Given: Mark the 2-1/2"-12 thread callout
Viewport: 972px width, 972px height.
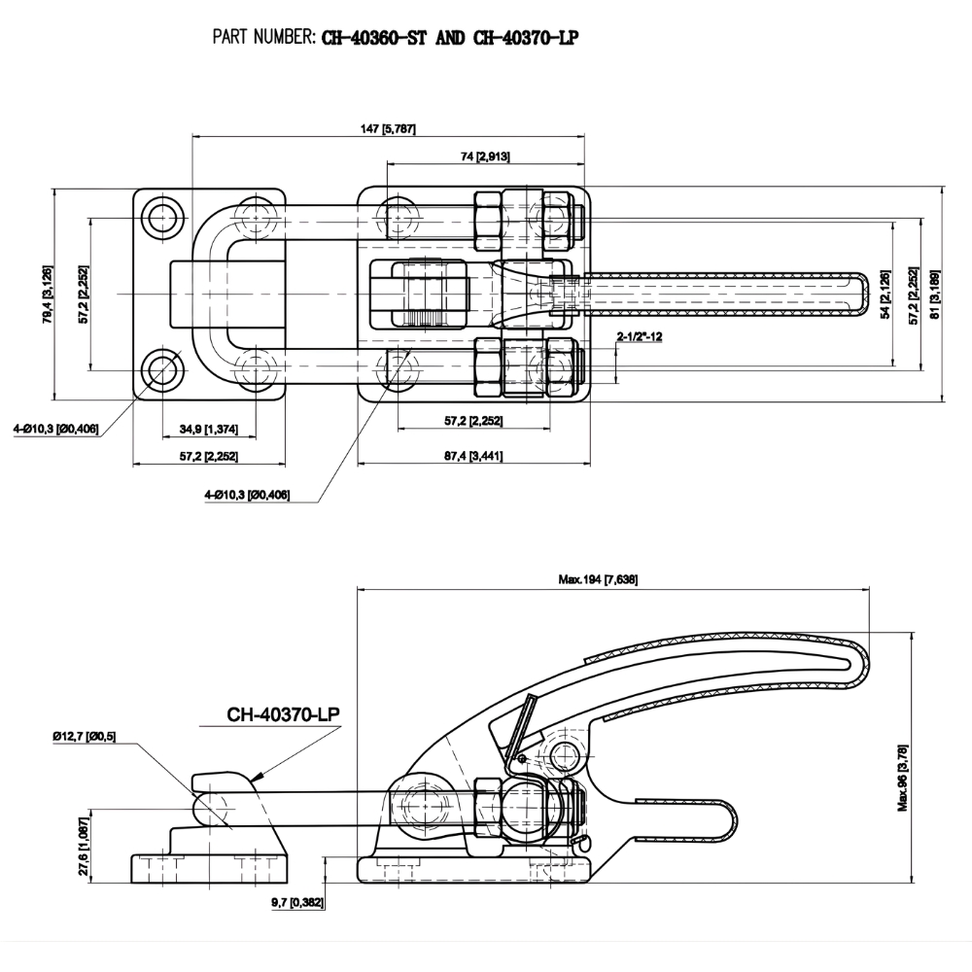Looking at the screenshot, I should coord(640,336).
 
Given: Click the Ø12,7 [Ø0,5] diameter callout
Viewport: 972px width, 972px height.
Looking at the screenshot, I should coord(86,736).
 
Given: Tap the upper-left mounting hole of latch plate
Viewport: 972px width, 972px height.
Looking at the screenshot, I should coord(162,217).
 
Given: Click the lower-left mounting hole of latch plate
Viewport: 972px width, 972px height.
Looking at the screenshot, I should coord(162,368).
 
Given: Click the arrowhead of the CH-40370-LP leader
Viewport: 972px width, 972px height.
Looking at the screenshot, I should coord(254,777).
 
